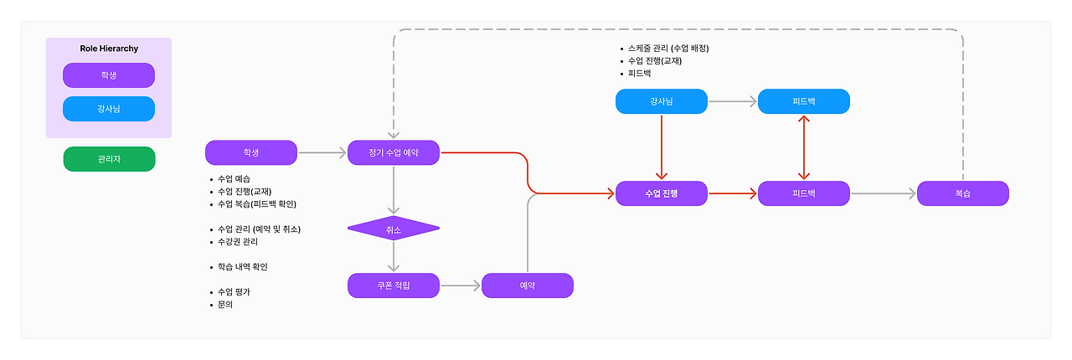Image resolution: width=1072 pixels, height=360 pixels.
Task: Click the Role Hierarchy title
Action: click(109, 49)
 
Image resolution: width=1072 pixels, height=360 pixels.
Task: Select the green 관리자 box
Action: click(109, 159)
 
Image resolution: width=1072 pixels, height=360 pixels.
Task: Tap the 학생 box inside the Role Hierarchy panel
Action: click(109, 75)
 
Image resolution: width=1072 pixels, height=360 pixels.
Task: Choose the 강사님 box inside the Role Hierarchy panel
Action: click(109, 109)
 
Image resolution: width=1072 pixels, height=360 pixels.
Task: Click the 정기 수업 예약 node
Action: click(394, 152)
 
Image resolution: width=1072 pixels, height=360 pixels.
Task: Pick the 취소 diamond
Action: click(394, 228)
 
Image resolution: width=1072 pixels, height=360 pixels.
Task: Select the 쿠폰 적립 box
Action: click(394, 285)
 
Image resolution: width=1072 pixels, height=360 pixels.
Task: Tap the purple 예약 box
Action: click(528, 285)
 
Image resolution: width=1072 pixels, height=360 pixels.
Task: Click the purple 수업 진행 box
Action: click(662, 193)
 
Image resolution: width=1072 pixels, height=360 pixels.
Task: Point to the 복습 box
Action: click(963, 193)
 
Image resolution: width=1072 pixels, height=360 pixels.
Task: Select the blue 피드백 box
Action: click(804, 101)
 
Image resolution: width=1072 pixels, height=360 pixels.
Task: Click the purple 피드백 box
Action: click(804, 193)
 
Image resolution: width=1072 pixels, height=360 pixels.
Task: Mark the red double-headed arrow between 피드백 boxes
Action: click(804, 147)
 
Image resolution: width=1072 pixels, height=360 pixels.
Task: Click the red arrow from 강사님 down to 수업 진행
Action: click(662, 147)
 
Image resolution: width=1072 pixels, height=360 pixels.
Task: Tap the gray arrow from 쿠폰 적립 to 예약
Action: click(461, 285)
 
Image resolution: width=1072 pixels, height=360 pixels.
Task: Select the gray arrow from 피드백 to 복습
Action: click(884, 193)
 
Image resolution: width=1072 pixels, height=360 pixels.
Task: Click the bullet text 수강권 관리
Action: click(238, 242)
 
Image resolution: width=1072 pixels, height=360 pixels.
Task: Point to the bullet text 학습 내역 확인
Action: click(242, 267)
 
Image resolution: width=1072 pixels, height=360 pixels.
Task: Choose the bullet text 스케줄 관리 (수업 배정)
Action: click(668, 49)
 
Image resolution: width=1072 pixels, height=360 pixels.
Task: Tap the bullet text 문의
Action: click(226, 305)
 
